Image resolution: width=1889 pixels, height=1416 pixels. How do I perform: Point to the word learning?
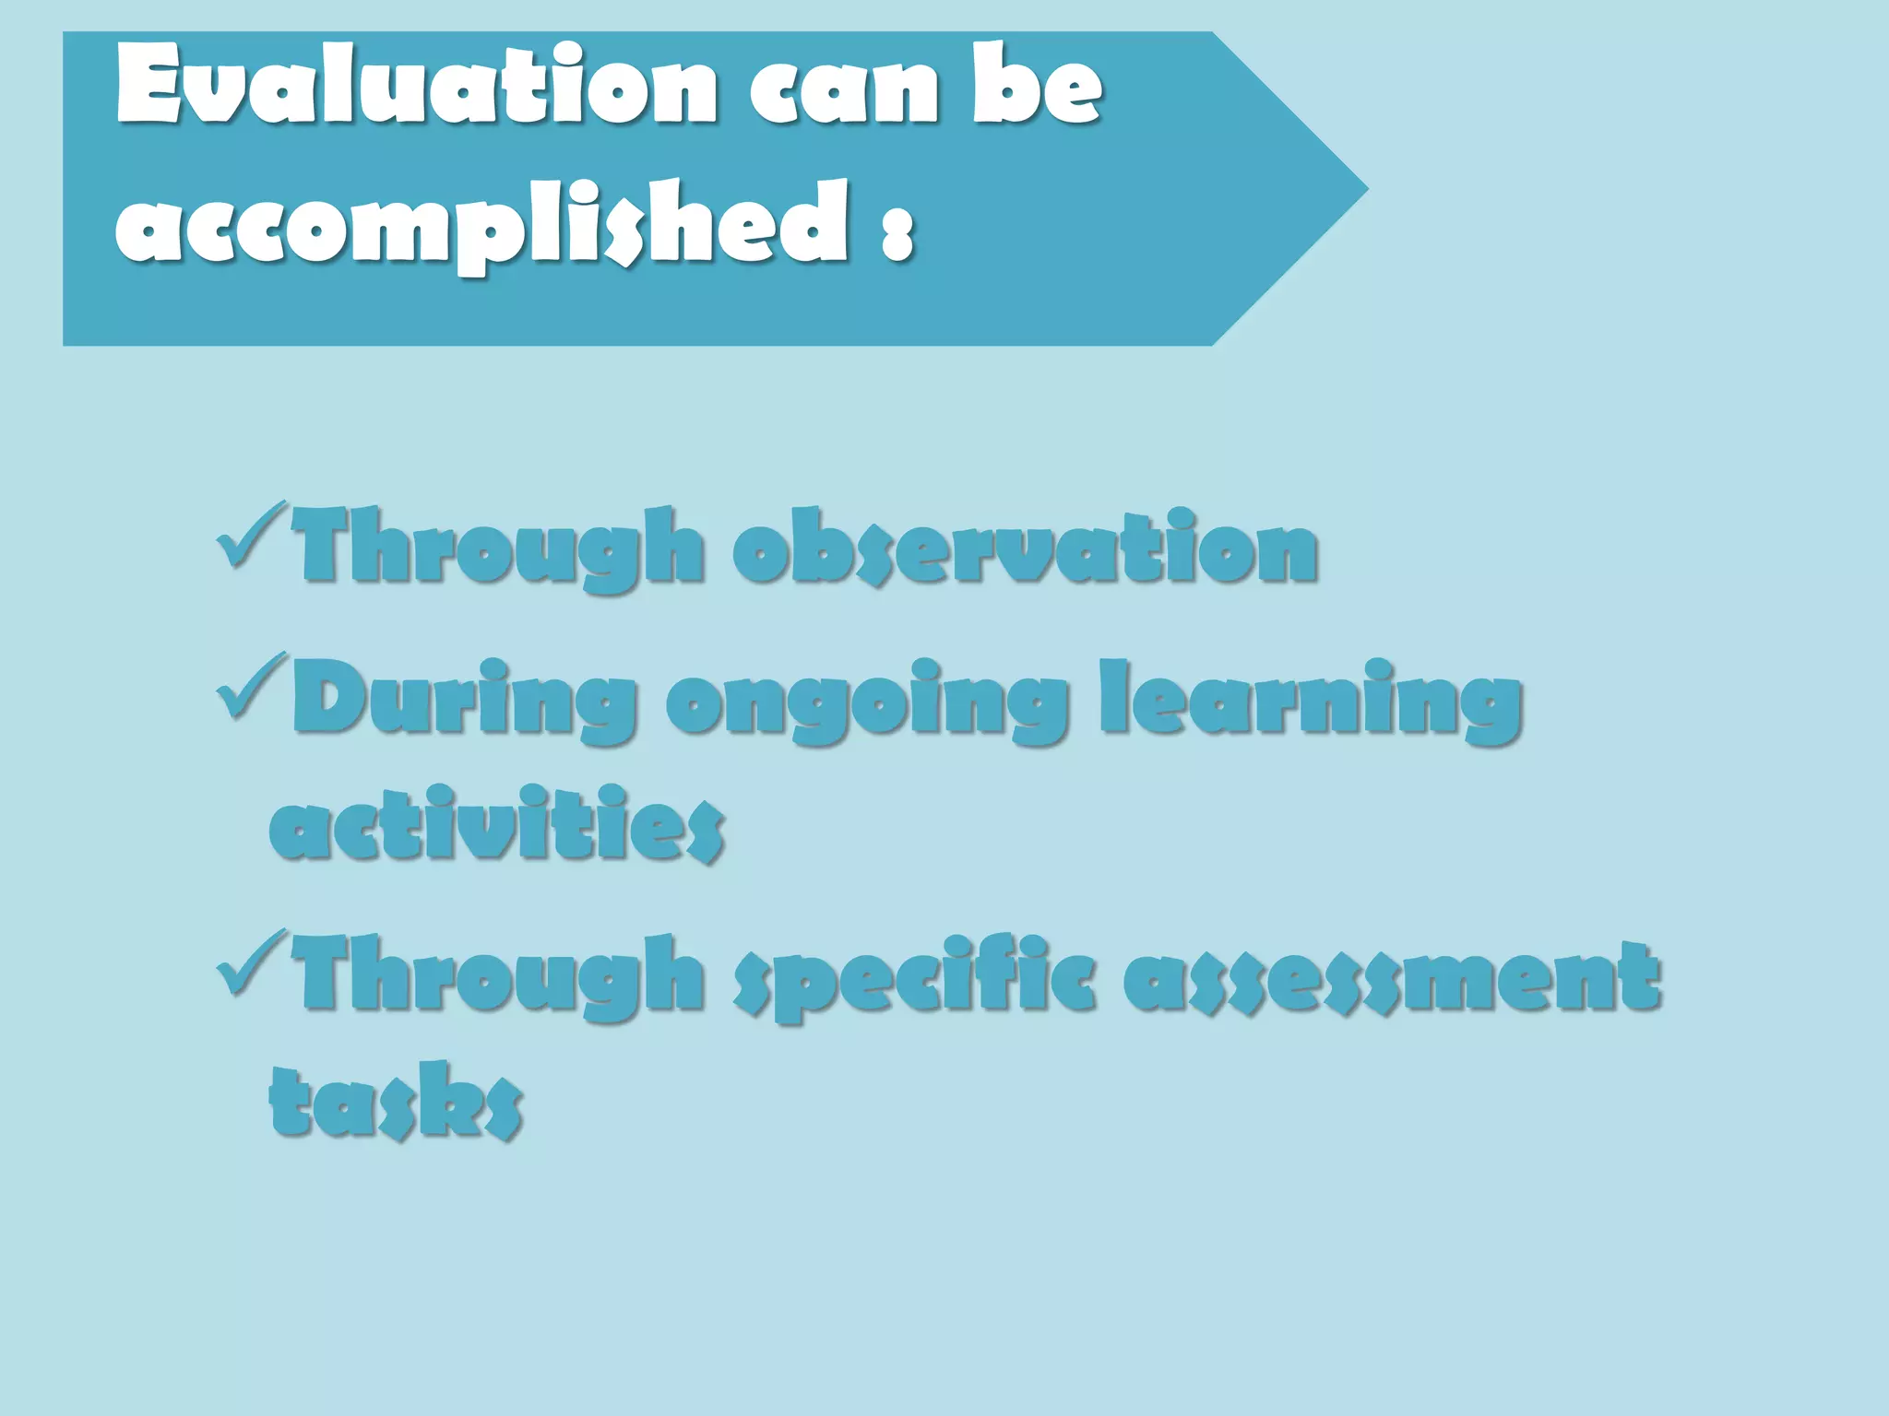[1311, 702]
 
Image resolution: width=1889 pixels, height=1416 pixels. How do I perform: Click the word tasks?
[397, 1101]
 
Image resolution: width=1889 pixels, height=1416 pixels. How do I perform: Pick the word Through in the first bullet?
[498, 548]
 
